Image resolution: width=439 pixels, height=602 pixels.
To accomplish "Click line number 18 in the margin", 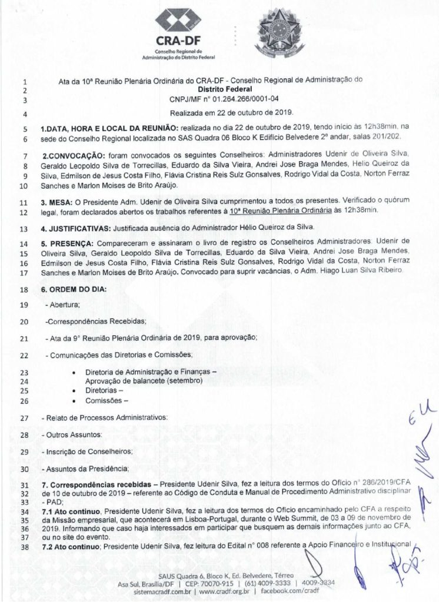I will point(23,290).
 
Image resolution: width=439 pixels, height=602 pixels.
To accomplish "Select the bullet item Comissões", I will point(107,401).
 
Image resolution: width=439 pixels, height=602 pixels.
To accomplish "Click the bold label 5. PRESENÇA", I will point(68,242).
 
